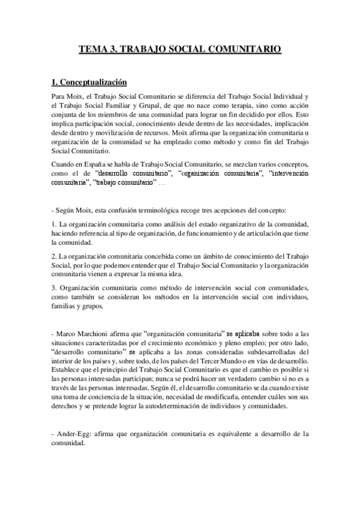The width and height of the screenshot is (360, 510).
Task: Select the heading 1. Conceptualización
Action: [x=93, y=82]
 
